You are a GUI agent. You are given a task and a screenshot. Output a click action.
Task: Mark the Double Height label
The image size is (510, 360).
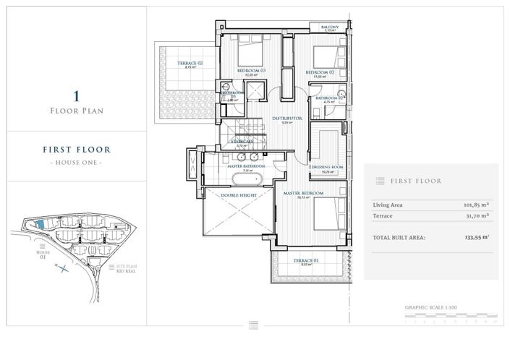click(x=237, y=194)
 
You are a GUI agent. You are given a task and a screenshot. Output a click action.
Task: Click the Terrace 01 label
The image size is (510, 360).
click(x=306, y=260)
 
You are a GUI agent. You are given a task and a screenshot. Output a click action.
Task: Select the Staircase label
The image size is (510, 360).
click(x=242, y=142)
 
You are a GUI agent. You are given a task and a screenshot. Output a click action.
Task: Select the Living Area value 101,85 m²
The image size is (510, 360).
click(x=476, y=205)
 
